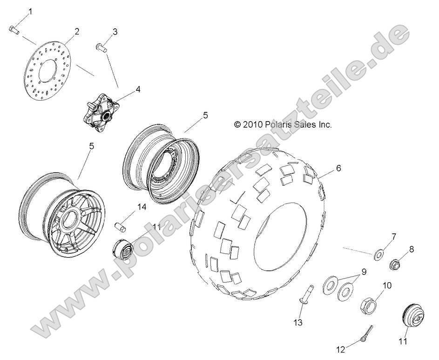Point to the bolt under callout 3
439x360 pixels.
pos(102,46)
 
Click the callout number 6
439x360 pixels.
pos(338,168)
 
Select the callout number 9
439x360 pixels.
pos(364,272)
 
